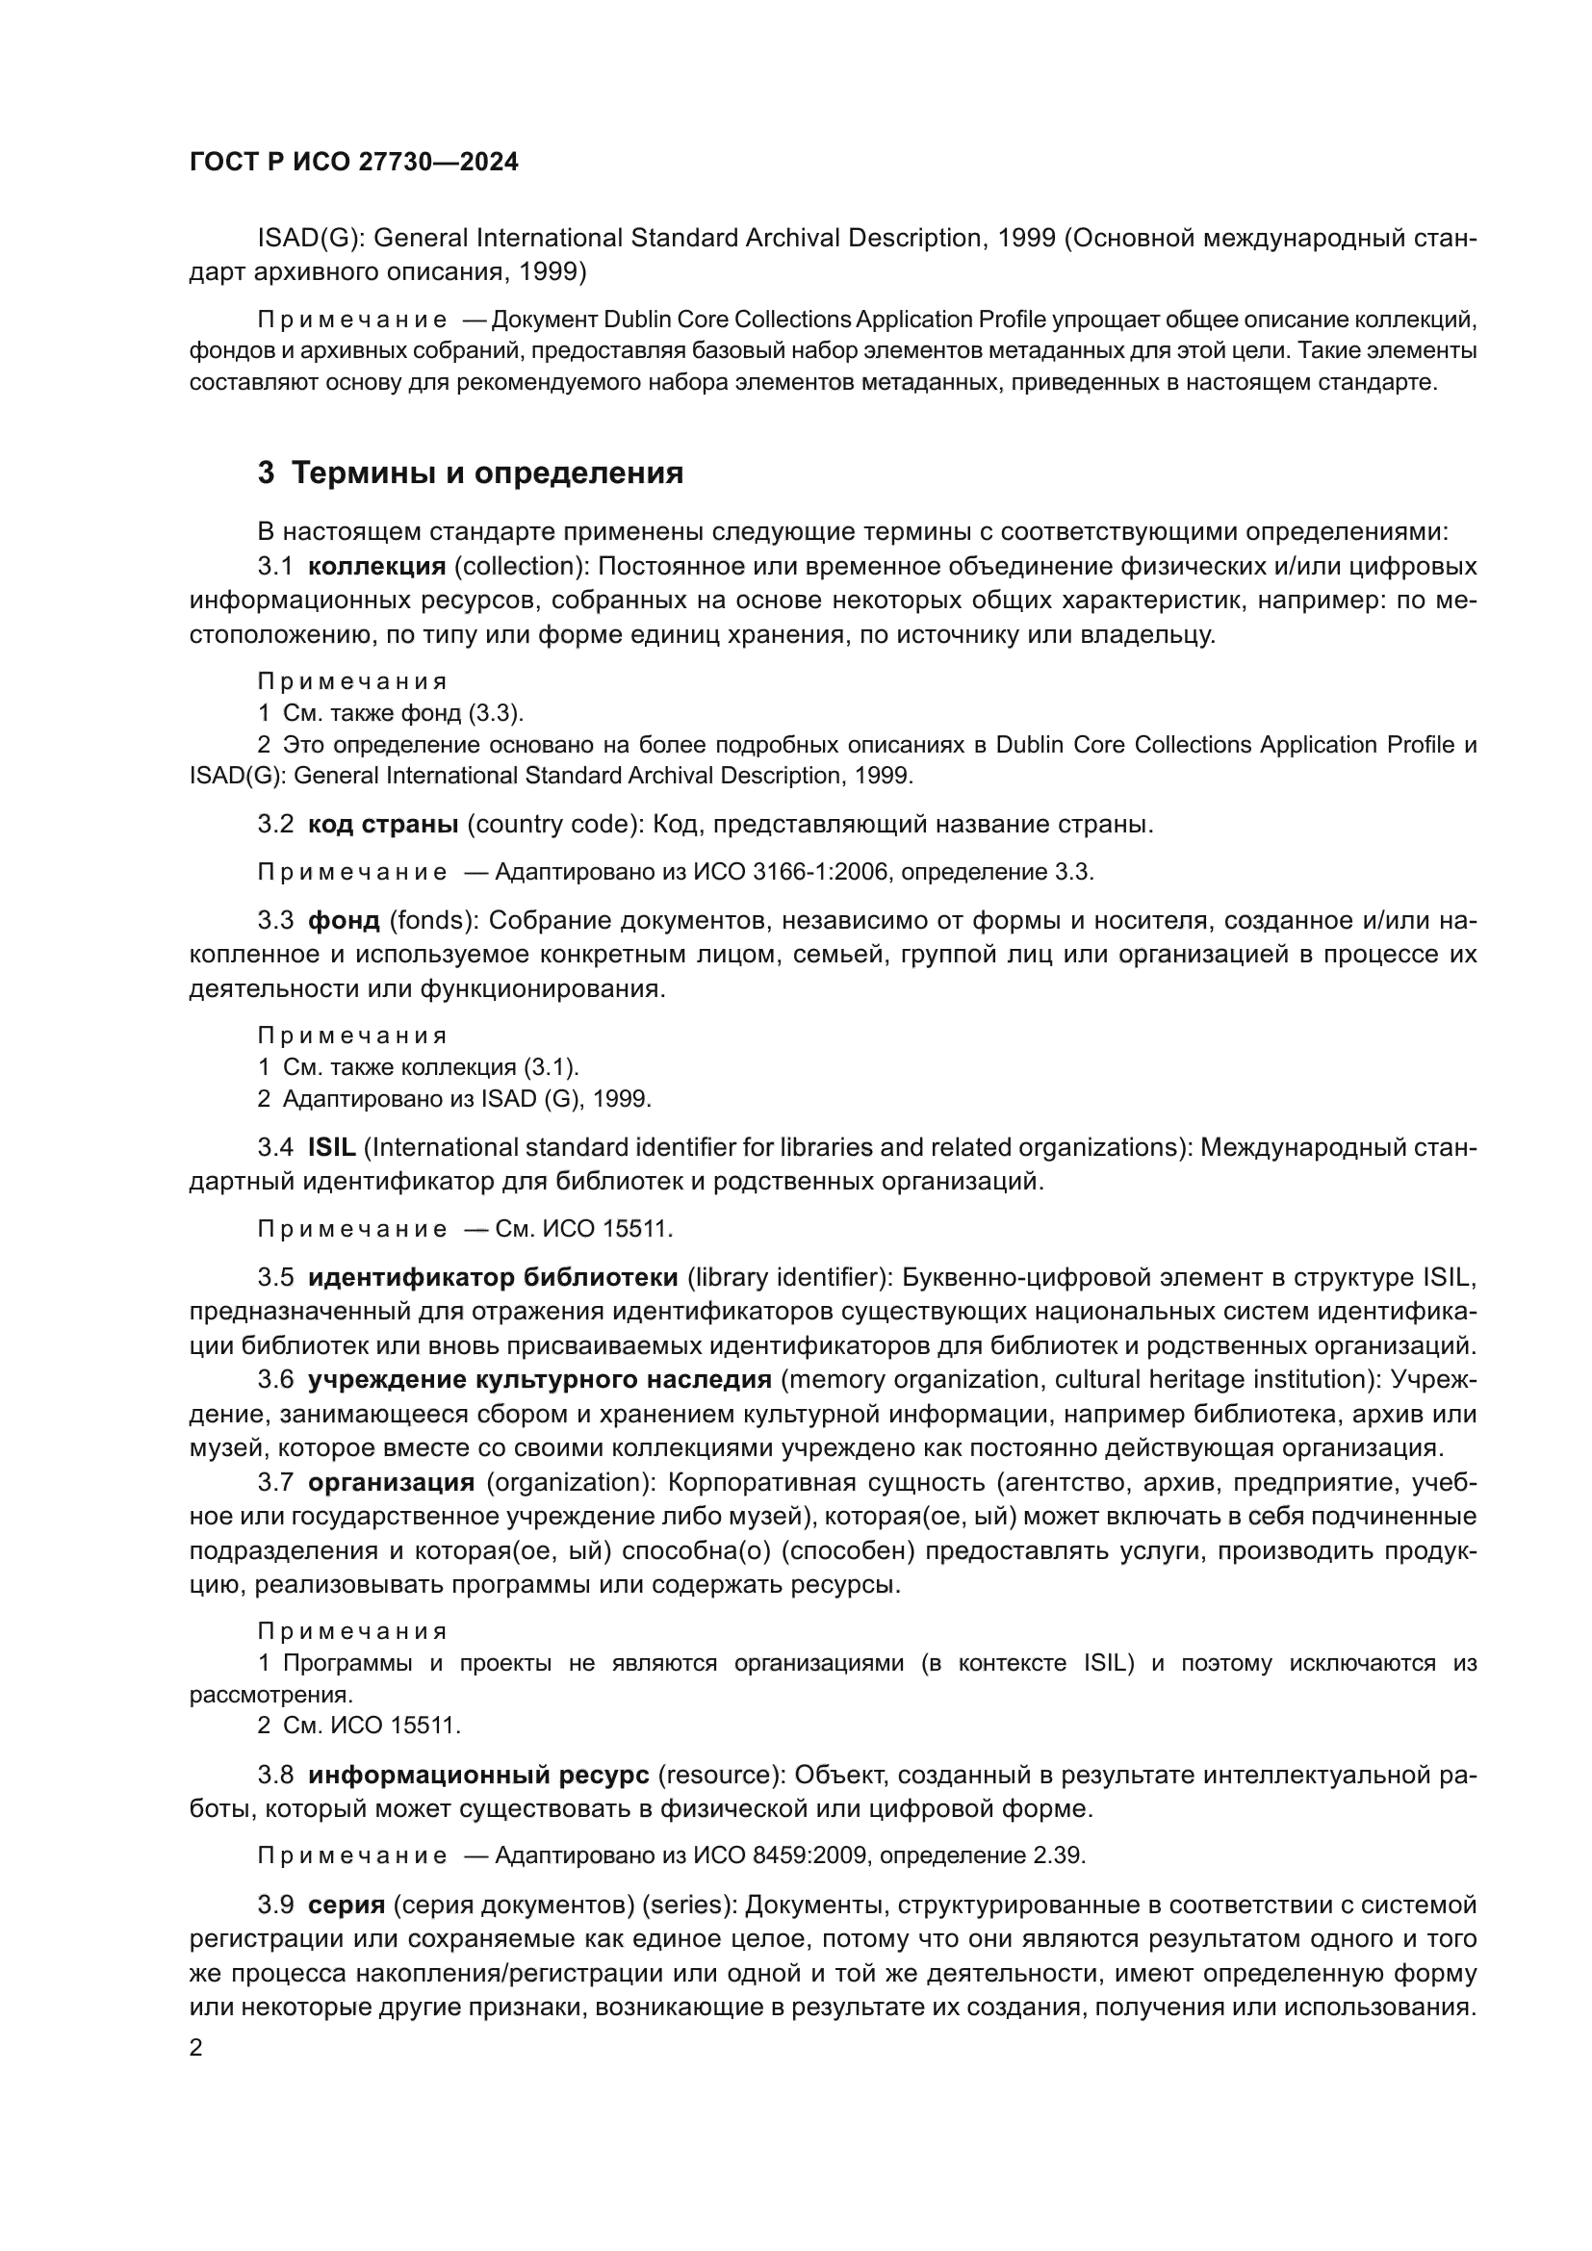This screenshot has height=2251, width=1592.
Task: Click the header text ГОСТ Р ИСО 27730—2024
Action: tap(354, 163)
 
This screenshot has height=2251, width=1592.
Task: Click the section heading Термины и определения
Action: tap(487, 473)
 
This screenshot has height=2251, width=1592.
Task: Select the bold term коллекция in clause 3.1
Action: tap(377, 567)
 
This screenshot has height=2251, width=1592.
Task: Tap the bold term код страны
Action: tap(383, 825)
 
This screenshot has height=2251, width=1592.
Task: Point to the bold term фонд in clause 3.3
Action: tap(343, 921)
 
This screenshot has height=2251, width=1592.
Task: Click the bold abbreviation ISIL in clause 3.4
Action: tap(331, 1147)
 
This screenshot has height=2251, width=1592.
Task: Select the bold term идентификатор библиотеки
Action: tap(493, 1277)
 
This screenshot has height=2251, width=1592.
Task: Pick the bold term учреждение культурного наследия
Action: tap(539, 1379)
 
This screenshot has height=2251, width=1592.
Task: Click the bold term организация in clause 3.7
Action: tap(391, 1482)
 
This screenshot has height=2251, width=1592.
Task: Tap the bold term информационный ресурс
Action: tap(478, 1775)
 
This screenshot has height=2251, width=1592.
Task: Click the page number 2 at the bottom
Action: tap(196, 2048)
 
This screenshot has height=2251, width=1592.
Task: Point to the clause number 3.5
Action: tap(275, 1277)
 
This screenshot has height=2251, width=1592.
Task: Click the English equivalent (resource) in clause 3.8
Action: tap(722, 1775)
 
